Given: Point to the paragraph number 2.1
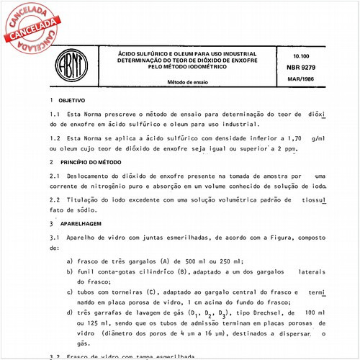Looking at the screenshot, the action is pyautogui.click(x=55, y=174).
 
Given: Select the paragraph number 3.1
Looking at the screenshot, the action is pyautogui.click(x=55, y=237).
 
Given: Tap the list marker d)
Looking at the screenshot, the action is pyautogui.click(x=68, y=313).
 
